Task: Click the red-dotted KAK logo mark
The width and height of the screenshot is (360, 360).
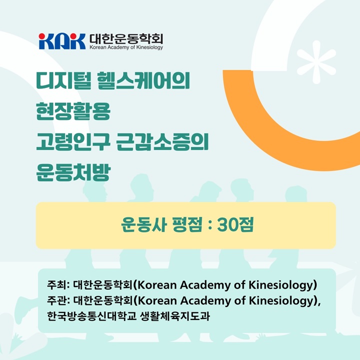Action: (x=62, y=41)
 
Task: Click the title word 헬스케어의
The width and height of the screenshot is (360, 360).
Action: (x=144, y=80)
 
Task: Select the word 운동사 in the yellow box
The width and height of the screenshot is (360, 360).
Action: (x=143, y=225)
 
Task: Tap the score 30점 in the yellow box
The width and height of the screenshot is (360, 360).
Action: (x=235, y=225)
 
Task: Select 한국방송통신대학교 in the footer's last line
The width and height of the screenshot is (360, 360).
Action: (x=92, y=316)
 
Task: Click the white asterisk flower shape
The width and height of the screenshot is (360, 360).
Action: (x=316, y=62)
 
